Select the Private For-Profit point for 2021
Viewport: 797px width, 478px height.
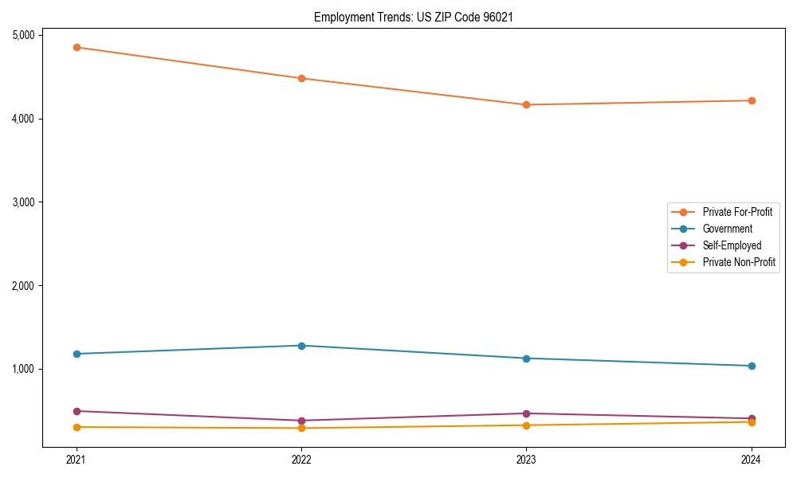[x=77, y=47]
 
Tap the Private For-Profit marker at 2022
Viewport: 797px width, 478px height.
[x=301, y=78]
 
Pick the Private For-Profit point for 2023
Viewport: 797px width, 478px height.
[x=526, y=104]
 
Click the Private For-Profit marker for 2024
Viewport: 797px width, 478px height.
[x=752, y=100]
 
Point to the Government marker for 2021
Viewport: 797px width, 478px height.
[x=77, y=354]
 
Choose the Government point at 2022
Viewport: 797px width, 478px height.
[x=301, y=346]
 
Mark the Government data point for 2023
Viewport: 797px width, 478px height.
[x=526, y=358]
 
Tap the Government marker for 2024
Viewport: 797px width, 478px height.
[x=752, y=366]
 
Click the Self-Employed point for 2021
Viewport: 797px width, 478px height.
[x=77, y=411]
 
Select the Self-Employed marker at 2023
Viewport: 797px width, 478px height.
[x=526, y=413]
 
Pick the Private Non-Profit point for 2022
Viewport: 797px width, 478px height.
[x=301, y=428]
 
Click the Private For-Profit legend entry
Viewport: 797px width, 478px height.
[x=737, y=212]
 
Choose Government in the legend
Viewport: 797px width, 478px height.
[x=727, y=229]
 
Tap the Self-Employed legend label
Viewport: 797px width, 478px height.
[x=732, y=245]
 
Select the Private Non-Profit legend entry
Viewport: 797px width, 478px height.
[x=739, y=262]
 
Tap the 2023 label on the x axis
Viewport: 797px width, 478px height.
[x=526, y=459]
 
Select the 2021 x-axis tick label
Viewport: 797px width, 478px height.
[x=77, y=459]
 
